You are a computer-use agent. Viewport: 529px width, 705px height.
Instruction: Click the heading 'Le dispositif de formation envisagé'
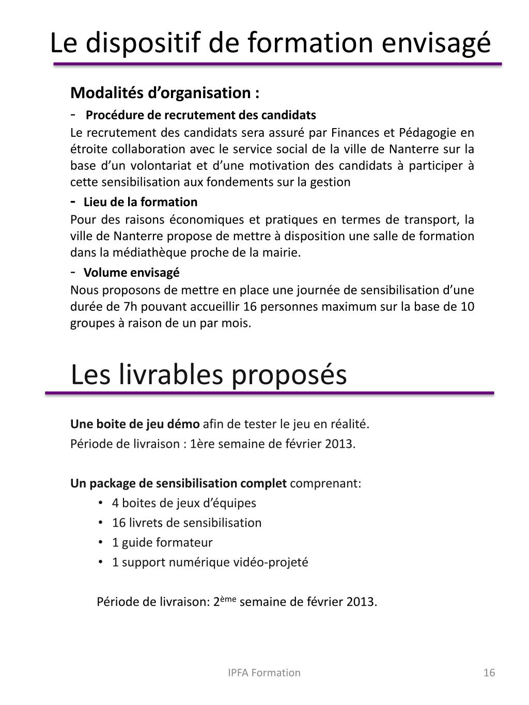point(270,43)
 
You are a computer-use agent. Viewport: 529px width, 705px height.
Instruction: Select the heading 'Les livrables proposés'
point(209,374)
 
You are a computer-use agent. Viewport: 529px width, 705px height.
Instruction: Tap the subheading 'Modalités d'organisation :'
point(165,93)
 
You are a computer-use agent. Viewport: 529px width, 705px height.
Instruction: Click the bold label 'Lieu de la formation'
point(141,202)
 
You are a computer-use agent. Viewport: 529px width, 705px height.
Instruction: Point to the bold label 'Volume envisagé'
point(132,273)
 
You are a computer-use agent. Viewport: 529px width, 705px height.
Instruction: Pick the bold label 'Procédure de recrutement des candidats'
point(200,115)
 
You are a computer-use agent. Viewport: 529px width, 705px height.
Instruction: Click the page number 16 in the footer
point(489,672)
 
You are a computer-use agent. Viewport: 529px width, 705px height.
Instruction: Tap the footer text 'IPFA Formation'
point(264,672)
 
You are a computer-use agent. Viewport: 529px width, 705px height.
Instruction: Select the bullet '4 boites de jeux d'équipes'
point(184,503)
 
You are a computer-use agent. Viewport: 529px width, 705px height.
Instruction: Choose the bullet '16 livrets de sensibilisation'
point(186,523)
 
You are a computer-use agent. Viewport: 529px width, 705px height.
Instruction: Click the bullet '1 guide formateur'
point(162,542)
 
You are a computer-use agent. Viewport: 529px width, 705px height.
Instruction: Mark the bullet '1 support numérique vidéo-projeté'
point(210,562)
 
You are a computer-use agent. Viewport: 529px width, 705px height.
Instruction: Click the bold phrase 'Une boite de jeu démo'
point(135,424)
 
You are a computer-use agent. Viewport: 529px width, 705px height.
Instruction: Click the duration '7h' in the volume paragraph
point(130,307)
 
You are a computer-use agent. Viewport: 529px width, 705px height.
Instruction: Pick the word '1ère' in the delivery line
point(202,444)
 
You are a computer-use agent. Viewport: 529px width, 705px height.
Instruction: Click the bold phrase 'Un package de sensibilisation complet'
point(178,483)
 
